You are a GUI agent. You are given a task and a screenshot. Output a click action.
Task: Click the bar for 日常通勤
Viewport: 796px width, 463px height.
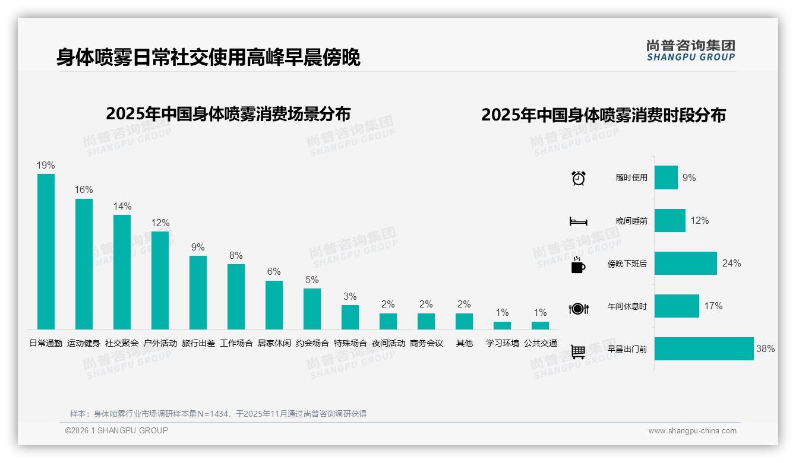[46, 252]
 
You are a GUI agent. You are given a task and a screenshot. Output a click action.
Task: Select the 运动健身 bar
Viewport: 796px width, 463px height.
[84, 264]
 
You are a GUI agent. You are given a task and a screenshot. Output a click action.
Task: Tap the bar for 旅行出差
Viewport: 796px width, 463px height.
[198, 293]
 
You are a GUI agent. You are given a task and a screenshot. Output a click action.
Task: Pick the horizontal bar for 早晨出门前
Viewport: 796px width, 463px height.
[704, 349]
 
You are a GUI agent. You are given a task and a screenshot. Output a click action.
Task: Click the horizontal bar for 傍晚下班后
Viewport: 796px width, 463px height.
[686, 264]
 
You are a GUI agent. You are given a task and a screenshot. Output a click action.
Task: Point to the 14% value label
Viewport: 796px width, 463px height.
[122, 207]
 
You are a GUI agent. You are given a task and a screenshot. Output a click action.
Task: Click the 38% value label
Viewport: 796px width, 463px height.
[765, 349]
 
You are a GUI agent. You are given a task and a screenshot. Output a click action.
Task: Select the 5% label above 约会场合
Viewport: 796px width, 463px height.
[312, 280]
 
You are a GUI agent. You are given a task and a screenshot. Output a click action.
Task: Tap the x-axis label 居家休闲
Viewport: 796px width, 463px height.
[274, 343]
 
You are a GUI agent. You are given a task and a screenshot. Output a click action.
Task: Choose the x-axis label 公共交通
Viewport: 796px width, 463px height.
[540, 343]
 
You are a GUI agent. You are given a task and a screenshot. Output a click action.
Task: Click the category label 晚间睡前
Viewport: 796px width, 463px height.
[631, 221]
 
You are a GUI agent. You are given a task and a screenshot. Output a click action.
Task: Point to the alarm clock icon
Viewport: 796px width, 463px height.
[578, 178]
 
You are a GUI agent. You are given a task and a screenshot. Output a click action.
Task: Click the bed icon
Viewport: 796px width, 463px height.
[578, 221]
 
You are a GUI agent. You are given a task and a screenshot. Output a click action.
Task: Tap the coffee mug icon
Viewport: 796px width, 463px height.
[578, 265]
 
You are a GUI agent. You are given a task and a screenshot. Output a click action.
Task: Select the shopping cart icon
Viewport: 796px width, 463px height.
[578, 351]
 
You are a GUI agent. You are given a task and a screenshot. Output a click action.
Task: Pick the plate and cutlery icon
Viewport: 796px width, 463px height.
[578, 308]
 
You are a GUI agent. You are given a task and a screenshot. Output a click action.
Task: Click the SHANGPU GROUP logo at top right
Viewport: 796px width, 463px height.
[690, 50]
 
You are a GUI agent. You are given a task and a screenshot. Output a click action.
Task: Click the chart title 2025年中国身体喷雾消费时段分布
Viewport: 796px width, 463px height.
[604, 115]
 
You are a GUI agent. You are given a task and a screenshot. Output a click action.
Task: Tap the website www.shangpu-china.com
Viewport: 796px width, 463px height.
[692, 431]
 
